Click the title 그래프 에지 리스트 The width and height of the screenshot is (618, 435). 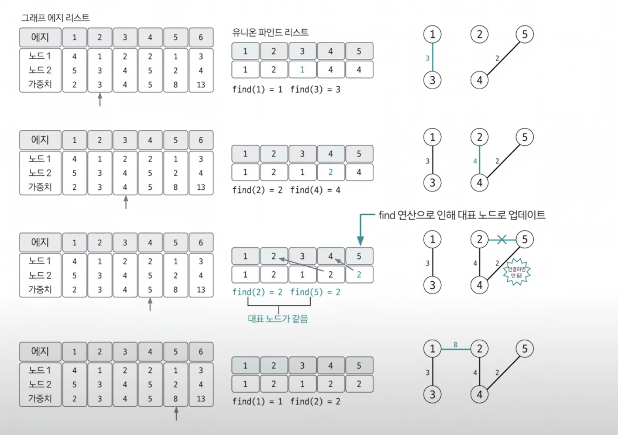(x=55, y=18)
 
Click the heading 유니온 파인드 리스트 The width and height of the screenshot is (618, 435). (x=270, y=32)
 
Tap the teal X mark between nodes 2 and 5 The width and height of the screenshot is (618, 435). (x=502, y=239)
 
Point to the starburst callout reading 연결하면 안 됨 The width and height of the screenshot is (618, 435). (x=516, y=272)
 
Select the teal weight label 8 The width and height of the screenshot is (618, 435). (x=455, y=345)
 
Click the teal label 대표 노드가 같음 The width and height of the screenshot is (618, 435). (x=278, y=319)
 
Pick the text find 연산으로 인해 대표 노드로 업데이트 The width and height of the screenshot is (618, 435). (x=462, y=215)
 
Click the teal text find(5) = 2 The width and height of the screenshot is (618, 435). (x=315, y=292)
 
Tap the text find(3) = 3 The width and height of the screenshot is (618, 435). (x=315, y=90)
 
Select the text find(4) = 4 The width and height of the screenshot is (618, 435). (x=315, y=190)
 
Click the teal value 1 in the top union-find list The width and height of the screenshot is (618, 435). (x=302, y=70)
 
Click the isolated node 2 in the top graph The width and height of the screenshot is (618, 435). (x=479, y=35)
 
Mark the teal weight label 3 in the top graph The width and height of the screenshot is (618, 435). (x=427, y=58)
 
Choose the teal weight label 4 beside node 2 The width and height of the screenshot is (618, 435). (x=475, y=161)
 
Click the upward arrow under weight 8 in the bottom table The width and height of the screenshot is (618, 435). (x=176, y=414)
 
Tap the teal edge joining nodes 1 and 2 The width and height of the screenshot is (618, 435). (x=456, y=349)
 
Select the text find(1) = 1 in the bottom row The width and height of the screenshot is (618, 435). (x=257, y=401)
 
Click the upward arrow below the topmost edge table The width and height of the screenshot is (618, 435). (x=100, y=100)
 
